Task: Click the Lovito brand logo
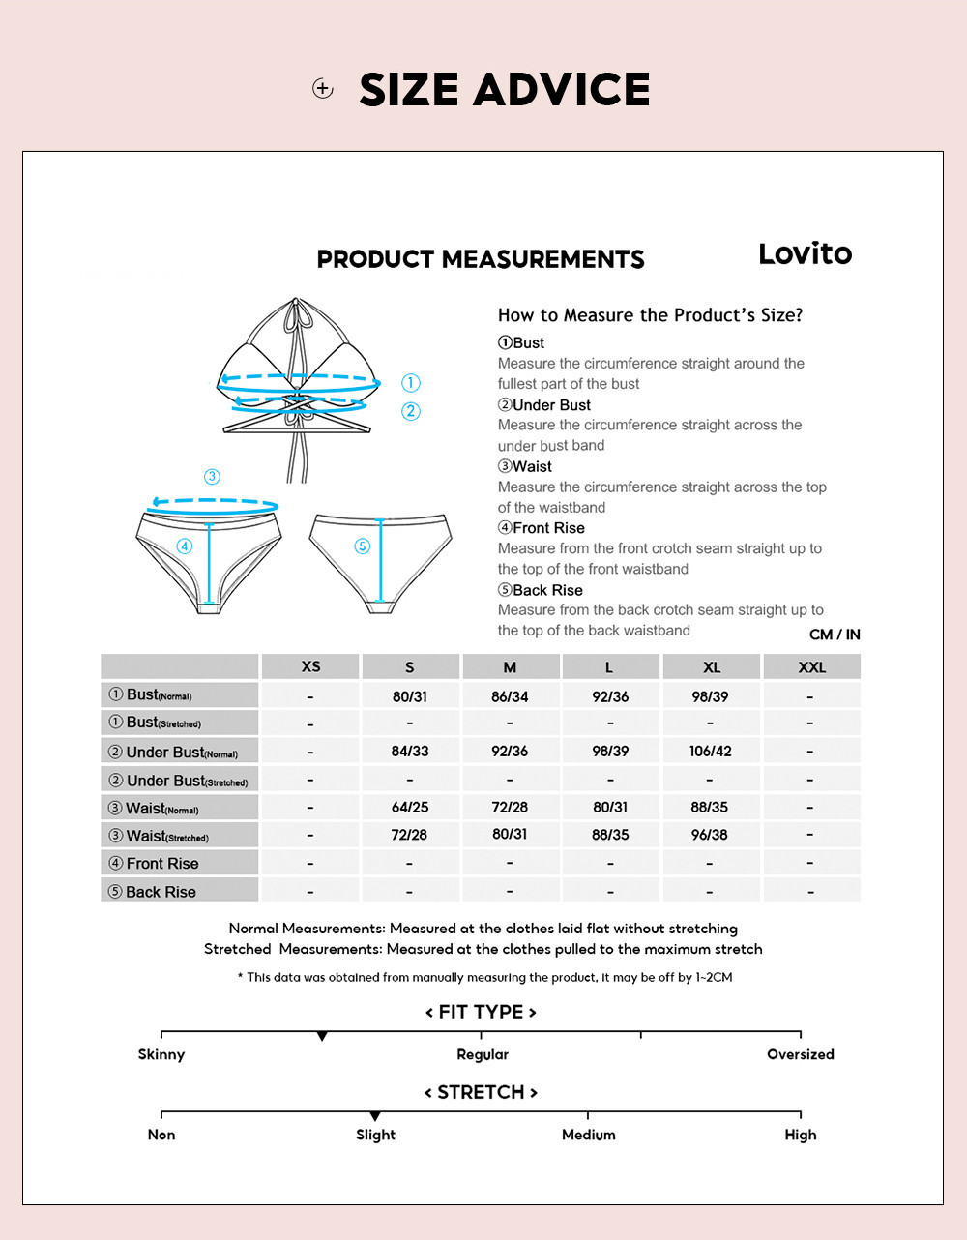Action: (805, 254)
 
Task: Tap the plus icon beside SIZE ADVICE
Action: (323, 89)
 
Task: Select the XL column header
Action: (712, 667)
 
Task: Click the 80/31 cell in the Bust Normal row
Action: (410, 696)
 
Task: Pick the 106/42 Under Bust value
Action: (710, 752)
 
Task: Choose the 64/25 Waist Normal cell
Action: (410, 807)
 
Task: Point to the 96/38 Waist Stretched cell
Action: (710, 835)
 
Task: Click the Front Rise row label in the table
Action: (161, 863)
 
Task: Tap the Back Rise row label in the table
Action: (161, 892)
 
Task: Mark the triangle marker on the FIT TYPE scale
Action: (322, 1037)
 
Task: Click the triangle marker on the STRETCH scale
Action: (375, 1117)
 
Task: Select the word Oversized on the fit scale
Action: (800, 1054)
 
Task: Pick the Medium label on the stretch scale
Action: (588, 1135)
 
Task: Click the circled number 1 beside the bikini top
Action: (411, 383)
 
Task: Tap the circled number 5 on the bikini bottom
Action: (363, 546)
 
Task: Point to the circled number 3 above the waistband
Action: (212, 477)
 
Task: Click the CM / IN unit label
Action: (835, 635)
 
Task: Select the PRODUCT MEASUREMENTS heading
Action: (481, 259)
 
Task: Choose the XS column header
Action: (310, 666)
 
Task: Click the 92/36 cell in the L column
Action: (610, 696)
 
